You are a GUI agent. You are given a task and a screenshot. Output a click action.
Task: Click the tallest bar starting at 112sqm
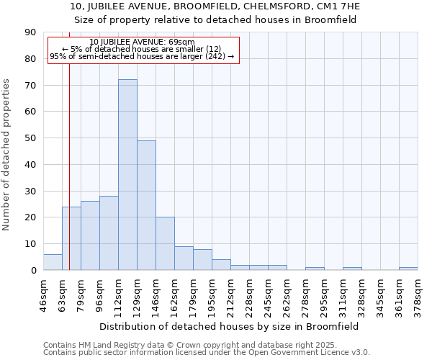coord(127,175)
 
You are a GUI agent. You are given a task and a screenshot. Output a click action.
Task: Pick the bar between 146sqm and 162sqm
coord(165,243)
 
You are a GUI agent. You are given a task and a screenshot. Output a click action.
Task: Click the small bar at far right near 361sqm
coord(408,269)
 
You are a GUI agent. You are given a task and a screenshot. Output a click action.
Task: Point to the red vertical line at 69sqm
coord(69,158)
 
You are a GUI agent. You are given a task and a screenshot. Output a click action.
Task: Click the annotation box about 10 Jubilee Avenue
coord(143,49)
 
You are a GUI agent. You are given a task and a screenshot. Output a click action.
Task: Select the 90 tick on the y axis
coord(31,32)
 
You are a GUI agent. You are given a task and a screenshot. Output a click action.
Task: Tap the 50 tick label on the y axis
coord(31,138)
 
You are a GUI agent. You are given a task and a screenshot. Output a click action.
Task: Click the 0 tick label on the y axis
coord(34,270)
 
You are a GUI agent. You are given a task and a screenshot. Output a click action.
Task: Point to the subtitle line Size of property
coord(215,19)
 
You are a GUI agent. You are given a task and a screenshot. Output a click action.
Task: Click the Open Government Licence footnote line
coord(206,353)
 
